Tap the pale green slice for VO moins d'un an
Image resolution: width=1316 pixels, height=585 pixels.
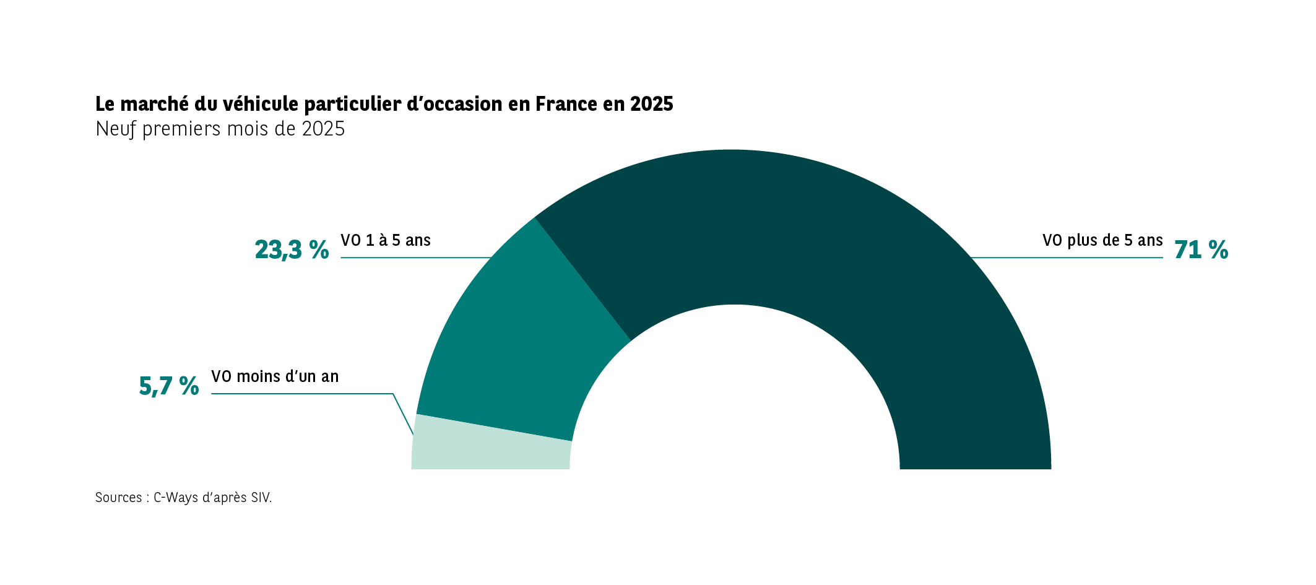[x=489, y=449]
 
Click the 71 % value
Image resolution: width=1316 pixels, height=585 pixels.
[x=1201, y=250]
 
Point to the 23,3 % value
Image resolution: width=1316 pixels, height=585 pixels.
[x=292, y=250]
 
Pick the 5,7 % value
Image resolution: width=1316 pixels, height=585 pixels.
[x=169, y=386]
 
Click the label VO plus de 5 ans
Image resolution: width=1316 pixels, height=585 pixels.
[x=1102, y=240]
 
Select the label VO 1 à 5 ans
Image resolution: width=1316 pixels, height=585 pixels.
[x=386, y=240]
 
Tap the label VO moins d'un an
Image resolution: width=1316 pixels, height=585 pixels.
[x=275, y=376]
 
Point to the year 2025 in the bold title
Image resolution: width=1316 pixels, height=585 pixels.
[x=652, y=104]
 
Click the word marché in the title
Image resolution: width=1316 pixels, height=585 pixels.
[x=150, y=104]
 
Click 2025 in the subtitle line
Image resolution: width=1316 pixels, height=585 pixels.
[x=323, y=129]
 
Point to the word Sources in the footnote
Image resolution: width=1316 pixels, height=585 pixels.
[x=118, y=498]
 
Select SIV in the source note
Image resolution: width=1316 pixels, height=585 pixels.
[x=260, y=498]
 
